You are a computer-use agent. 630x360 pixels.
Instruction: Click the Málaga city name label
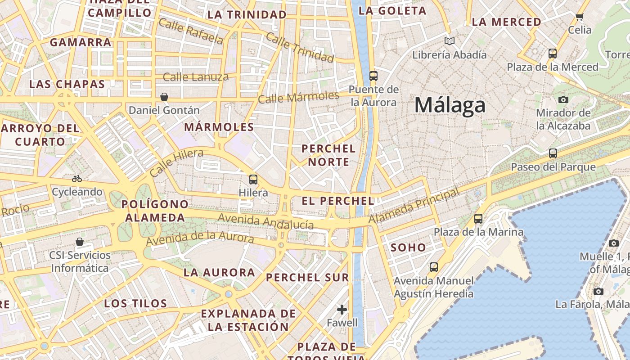coord(450,105)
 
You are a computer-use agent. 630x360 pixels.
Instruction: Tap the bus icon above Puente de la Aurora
coord(373,76)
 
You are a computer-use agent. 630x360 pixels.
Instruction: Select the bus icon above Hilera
coord(253,180)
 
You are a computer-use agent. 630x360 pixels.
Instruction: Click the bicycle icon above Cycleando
coord(77,179)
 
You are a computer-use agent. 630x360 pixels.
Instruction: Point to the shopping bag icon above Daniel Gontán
coord(164,97)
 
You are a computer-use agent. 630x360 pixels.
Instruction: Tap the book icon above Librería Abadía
coord(449,41)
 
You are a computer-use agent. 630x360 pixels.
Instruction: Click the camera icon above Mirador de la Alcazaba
coord(563,99)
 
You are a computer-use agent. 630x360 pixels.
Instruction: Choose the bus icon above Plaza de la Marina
coord(478,219)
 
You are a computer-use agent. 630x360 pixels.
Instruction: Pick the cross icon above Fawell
coord(342,310)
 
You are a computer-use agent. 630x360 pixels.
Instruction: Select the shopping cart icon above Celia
coord(579,17)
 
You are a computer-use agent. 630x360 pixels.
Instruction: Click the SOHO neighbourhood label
coord(408,247)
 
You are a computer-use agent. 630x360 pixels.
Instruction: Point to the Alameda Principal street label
coord(414,205)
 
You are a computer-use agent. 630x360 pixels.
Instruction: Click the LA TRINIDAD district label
coord(247,14)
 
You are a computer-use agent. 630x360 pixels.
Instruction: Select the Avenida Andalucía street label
coord(265,221)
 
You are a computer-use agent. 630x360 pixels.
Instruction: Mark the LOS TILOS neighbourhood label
coord(135,303)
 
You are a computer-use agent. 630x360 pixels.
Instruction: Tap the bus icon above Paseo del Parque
coord(553,153)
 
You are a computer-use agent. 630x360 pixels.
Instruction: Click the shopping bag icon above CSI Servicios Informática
coord(80,242)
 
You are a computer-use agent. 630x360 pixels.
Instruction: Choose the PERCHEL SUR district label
coord(307,278)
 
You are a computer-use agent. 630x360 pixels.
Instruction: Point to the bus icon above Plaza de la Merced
coord(553,54)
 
